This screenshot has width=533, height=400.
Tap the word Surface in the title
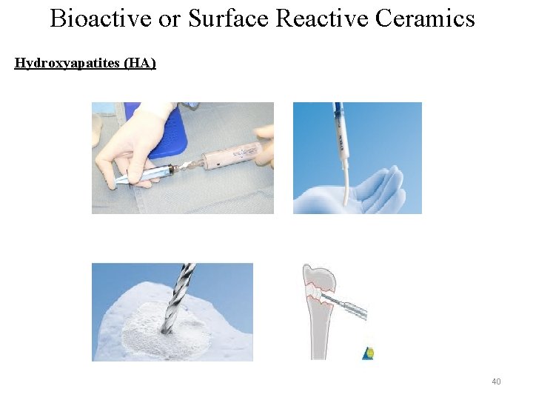coord(229,18)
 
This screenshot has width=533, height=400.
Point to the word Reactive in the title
coord(322,18)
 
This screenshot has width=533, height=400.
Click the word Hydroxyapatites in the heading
coord(68,63)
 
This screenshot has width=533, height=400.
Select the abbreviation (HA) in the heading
coord(141,63)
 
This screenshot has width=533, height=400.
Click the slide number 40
coord(496,381)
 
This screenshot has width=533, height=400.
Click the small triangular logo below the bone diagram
coord(368,353)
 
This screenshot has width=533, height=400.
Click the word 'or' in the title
coord(170,18)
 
